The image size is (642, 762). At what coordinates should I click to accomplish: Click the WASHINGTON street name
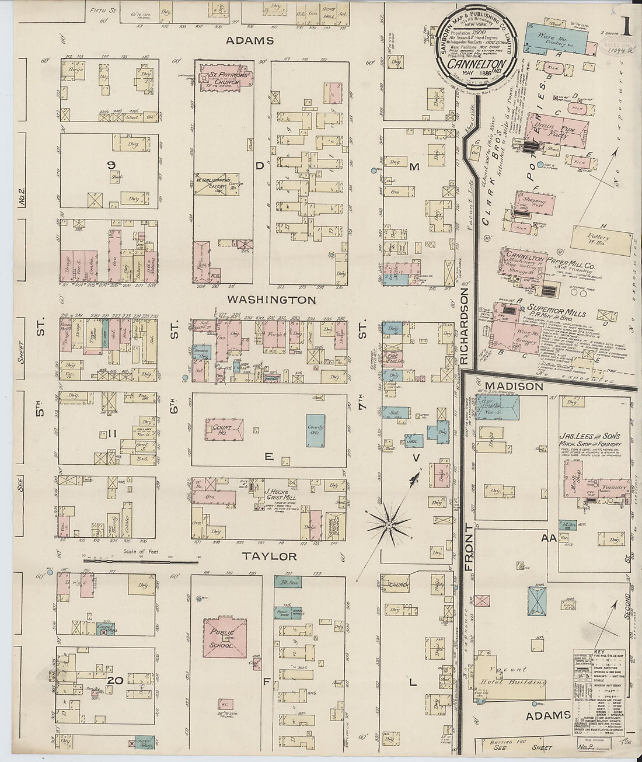tap(271, 300)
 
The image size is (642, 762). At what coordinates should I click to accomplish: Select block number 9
tap(110, 165)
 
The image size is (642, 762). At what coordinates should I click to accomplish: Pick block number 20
tap(115, 680)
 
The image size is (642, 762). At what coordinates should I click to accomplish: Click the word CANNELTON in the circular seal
tap(468, 64)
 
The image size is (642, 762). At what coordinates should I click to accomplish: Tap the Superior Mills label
tap(556, 307)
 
